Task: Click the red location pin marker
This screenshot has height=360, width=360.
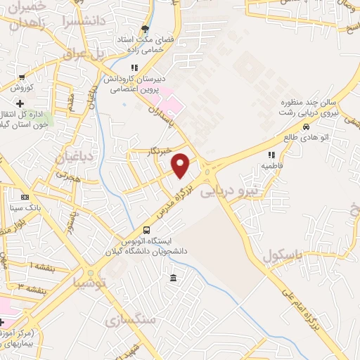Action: click(181, 166)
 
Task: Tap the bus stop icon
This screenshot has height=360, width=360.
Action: click(146, 230)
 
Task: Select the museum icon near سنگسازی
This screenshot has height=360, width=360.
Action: click(173, 279)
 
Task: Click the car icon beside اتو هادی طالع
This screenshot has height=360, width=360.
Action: click(306, 127)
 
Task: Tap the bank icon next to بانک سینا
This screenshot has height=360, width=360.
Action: click(25, 198)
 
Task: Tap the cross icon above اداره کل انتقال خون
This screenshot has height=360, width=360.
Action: click(29, 104)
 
